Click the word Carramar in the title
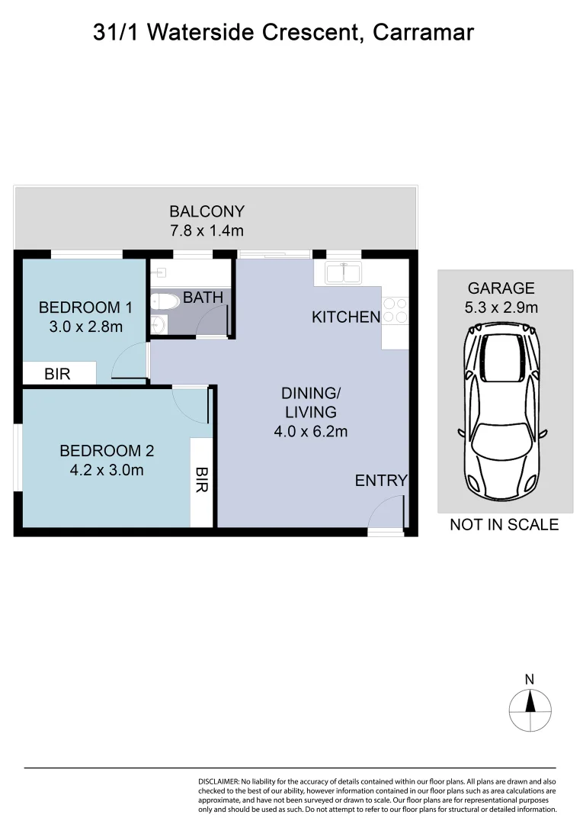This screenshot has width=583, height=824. (424, 33)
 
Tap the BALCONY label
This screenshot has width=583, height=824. (207, 211)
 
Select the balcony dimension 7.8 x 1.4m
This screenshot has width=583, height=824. (207, 230)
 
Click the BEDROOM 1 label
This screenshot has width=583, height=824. (85, 307)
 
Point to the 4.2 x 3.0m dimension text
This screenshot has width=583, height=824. (107, 470)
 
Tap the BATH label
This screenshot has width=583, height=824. (203, 298)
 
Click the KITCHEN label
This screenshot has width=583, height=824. (345, 317)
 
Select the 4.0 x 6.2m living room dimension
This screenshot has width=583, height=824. (310, 431)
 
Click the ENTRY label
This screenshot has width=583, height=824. (381, 481)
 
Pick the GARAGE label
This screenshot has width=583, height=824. (501, 288)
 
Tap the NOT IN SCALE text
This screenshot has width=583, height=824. (504, 524)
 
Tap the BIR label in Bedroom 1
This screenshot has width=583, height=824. (57, 375)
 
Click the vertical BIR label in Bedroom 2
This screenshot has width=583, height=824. (201, 481)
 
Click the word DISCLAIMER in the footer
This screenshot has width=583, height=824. (218, 782)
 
